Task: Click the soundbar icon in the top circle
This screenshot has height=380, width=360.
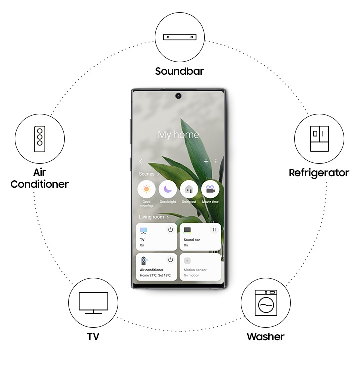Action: tap(179, 37)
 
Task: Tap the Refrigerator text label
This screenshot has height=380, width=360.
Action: tap(319, 173)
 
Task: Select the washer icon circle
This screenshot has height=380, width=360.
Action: tap(265, 303)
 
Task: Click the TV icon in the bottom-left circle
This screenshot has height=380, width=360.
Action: tap(93, 303)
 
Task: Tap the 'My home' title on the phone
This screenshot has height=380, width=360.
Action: tap(178, 135)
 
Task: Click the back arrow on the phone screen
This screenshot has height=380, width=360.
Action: tap(141, 161)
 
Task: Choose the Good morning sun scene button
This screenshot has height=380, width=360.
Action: tap(146, 189)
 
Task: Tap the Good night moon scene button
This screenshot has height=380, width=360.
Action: tap(168, 189)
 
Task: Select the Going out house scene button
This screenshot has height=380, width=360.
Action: tap(189, 189)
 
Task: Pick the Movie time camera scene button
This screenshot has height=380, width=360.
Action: tap(210, 189)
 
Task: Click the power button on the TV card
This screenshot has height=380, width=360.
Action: tap(170, 230)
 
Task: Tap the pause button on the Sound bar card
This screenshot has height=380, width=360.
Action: tap(214, 230)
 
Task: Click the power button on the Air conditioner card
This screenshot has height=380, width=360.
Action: tap(170, 260)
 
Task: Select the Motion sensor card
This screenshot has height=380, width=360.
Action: tap(200, 267)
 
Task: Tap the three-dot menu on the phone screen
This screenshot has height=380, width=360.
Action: tap(216, 161)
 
